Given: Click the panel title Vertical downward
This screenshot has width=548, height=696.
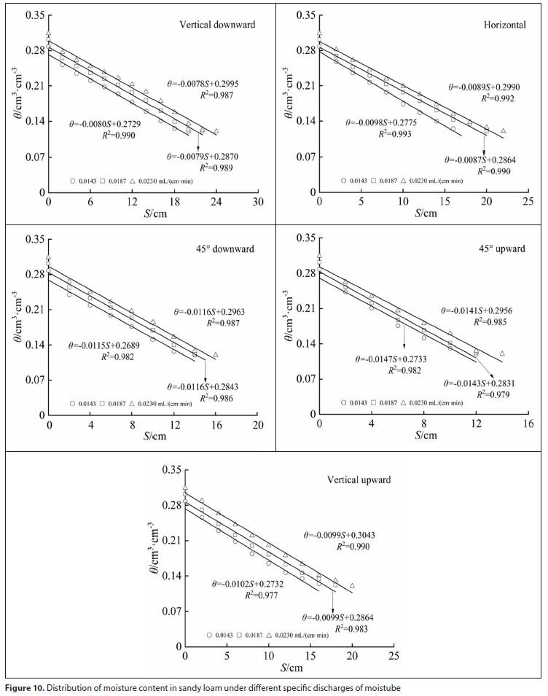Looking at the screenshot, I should click(x=217, y=24).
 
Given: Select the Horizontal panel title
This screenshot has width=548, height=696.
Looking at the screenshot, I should click(x=505, y=25).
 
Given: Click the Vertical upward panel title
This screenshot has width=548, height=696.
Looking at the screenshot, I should click(x=359, y=480).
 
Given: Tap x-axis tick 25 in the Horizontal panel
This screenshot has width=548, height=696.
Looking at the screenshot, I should click(x=529, y=202).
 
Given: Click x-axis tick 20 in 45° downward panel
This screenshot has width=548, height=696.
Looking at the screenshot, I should click(x=259, y=426).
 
